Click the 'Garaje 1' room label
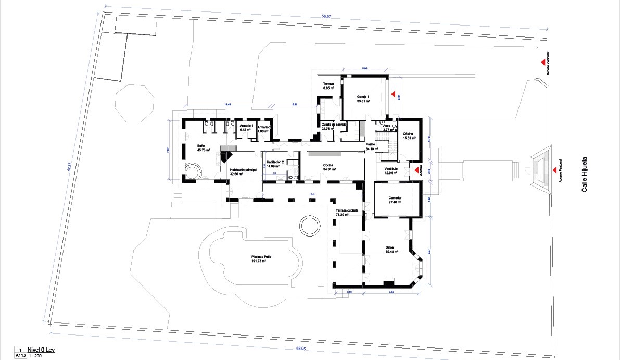[x=363, y=97]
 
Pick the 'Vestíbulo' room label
[x=391, y=169]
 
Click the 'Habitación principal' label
[x=244, y=170]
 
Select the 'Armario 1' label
[x=246, y=126]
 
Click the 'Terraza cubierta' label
[x=346, y=210]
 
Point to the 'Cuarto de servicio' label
[x=334, y=125]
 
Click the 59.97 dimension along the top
[x=327, y=17]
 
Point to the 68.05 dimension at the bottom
[x=300, y=349]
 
